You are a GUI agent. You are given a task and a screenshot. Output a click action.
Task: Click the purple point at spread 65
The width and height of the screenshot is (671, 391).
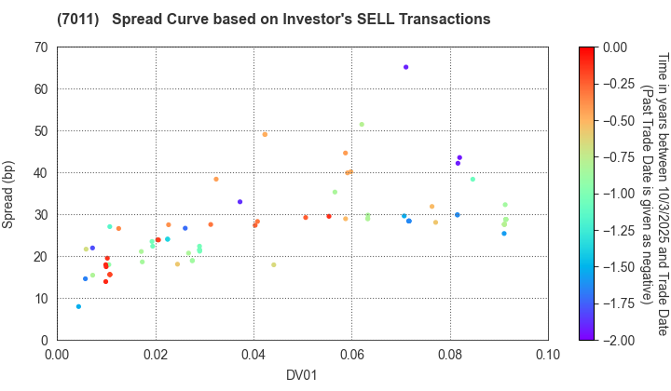405,67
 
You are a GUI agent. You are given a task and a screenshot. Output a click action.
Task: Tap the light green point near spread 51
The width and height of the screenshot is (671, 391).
362,124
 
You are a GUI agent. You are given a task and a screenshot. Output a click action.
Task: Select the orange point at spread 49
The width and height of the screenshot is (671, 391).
265,134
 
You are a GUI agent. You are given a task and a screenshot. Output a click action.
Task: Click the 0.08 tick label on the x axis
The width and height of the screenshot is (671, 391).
449,355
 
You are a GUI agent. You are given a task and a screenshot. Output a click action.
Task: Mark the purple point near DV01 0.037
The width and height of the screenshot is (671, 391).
240,202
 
